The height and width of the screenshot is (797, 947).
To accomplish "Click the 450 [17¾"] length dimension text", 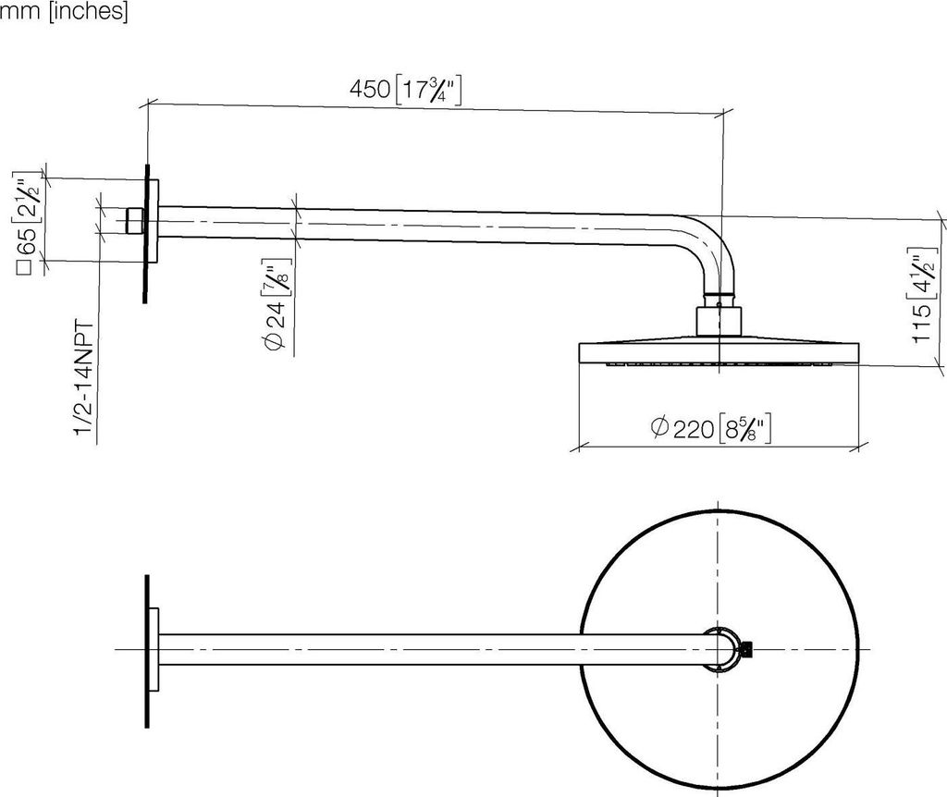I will click(x=405, y=91).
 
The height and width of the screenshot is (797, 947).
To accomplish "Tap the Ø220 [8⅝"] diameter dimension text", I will click(x=710, y=428).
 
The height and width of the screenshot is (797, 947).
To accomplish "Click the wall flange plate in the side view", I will click(x=145, y=233).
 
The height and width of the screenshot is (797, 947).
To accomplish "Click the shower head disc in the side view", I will click(x=719, y=352).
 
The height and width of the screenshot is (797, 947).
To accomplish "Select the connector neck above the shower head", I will click(x=718, y=319).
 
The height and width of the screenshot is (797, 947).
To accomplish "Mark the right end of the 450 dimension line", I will click(x=723, y=115).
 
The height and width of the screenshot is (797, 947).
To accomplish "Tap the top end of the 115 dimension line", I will click(x=941, y=221).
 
